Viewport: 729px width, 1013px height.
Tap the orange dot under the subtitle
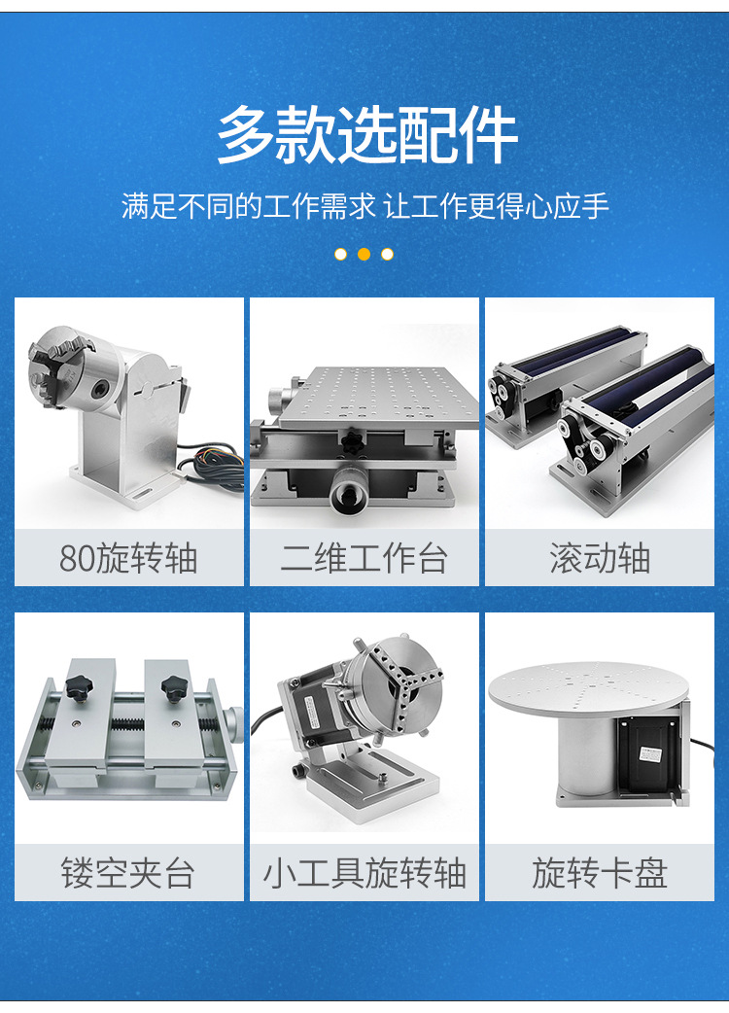[x=364, y=255]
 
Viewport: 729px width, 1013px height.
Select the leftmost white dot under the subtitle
[x=340, y=255]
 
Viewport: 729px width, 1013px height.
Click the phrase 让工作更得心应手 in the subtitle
[x=497, y=207]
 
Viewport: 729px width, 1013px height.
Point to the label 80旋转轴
[x=128, y=559]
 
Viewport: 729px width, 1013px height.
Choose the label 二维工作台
[x=364, y=559]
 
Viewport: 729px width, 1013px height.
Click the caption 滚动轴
[x=600, y=559]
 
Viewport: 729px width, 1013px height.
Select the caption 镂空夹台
[x=128, y=873]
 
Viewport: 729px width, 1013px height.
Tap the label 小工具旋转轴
[x=364, y=873]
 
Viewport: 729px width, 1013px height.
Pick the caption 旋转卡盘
[x=600, y=873]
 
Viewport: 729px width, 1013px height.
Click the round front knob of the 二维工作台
[x=347, y=496]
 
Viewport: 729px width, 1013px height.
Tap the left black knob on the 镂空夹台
[x=77, y=686]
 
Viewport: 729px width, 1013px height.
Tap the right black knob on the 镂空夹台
[x=175, y=686]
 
